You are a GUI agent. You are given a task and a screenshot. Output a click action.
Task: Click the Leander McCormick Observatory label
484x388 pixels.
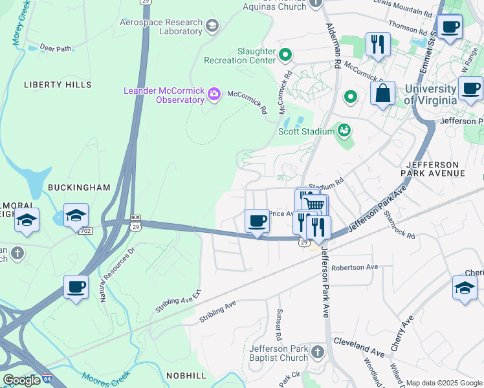[x=164, y=95]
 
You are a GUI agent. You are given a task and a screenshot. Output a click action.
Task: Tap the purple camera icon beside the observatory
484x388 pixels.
[x=214, y=96]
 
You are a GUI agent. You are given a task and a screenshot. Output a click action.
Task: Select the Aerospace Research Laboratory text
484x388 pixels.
[x=160, y=26]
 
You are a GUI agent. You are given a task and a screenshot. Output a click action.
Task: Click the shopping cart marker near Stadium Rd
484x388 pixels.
[x=314, y=206]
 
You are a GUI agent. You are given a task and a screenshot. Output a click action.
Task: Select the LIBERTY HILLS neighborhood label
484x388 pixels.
[x=49, y=85]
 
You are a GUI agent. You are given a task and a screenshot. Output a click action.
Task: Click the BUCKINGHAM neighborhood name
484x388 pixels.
[x=79, y=188]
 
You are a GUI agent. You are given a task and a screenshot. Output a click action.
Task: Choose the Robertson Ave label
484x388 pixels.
[x=354, y=267]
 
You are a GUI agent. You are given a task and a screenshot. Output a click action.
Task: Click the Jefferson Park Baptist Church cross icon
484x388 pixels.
[x=317, y=352]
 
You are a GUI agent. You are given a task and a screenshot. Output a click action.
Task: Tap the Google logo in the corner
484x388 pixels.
[x=21, y=380]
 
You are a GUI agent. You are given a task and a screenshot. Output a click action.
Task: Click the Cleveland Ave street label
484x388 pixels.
[x=360, y=347]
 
